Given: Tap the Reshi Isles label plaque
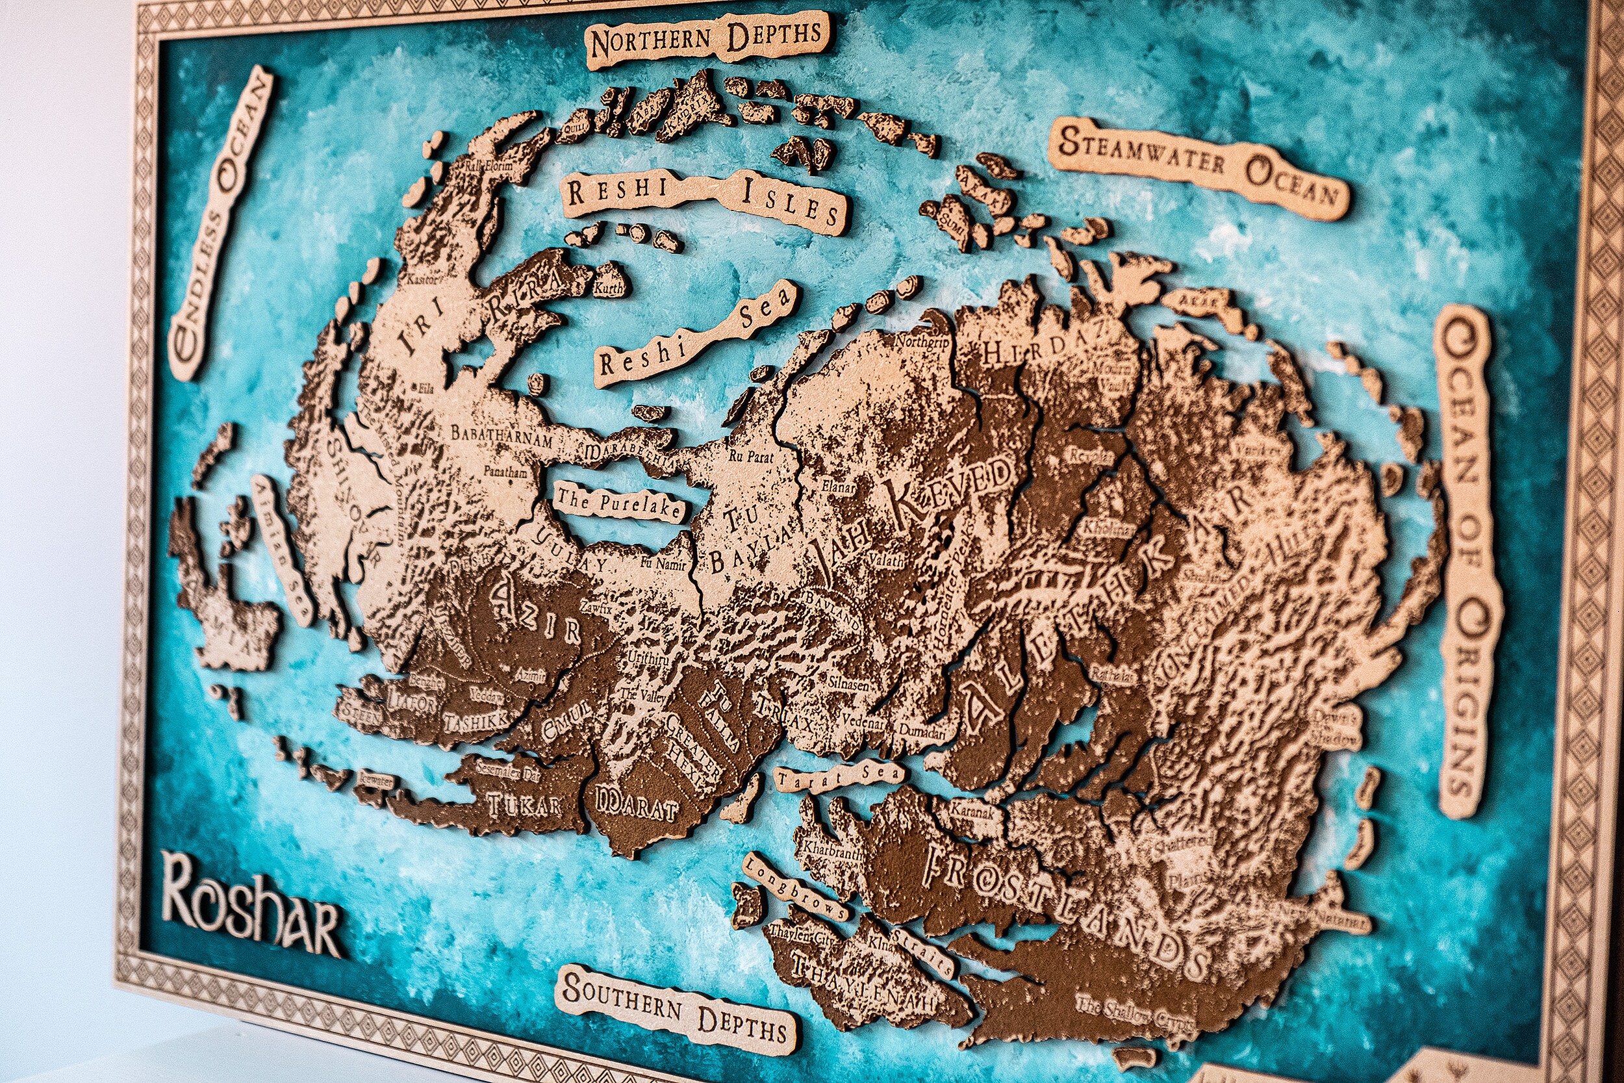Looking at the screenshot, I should [x=704, y=198].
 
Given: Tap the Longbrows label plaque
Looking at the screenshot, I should [x=794, y=887].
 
